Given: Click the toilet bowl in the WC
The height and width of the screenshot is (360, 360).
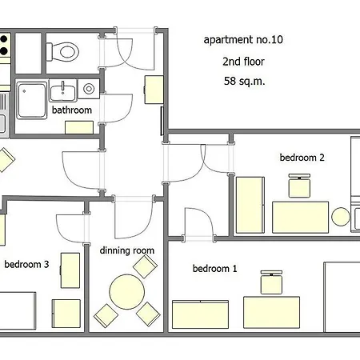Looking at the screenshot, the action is coord(63,52).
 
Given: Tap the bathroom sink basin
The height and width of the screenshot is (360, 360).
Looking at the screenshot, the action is coord(63,90).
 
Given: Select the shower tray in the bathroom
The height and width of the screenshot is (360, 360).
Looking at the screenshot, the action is coord(31,100).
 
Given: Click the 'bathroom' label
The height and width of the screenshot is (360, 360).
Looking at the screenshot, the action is coord(72,110).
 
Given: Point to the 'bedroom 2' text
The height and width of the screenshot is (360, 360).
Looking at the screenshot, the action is coord(302,158).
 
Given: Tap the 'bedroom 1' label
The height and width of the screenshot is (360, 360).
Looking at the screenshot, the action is coord(214,268).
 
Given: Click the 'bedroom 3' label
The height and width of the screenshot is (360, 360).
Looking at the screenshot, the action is coord(26,264).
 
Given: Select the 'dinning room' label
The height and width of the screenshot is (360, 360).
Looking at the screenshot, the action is coord(127,250).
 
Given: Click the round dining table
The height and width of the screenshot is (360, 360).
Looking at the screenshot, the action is coord(127,292).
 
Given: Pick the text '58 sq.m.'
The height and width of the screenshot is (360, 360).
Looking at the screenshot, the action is coord(245,81).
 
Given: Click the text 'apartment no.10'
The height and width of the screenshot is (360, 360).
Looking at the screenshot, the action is coord(243,40).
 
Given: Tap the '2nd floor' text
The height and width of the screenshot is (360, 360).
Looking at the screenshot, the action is coord(243,62).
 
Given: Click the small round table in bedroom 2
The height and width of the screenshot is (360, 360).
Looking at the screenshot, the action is coord(341,217).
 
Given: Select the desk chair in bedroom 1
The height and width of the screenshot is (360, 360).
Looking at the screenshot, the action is coord(271,282).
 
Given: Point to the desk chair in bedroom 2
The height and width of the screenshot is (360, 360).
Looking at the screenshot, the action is coord(299,186).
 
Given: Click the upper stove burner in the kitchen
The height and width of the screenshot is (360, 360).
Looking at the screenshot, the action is coord(3,39).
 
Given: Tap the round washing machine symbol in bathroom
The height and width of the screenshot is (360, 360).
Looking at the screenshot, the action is coord(89,89).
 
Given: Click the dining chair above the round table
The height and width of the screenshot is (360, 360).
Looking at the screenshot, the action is coord(145,266).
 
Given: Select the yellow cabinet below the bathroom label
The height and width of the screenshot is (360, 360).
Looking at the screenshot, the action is coord(79,127).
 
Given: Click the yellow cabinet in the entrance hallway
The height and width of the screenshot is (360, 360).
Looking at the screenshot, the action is coord(154,90).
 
